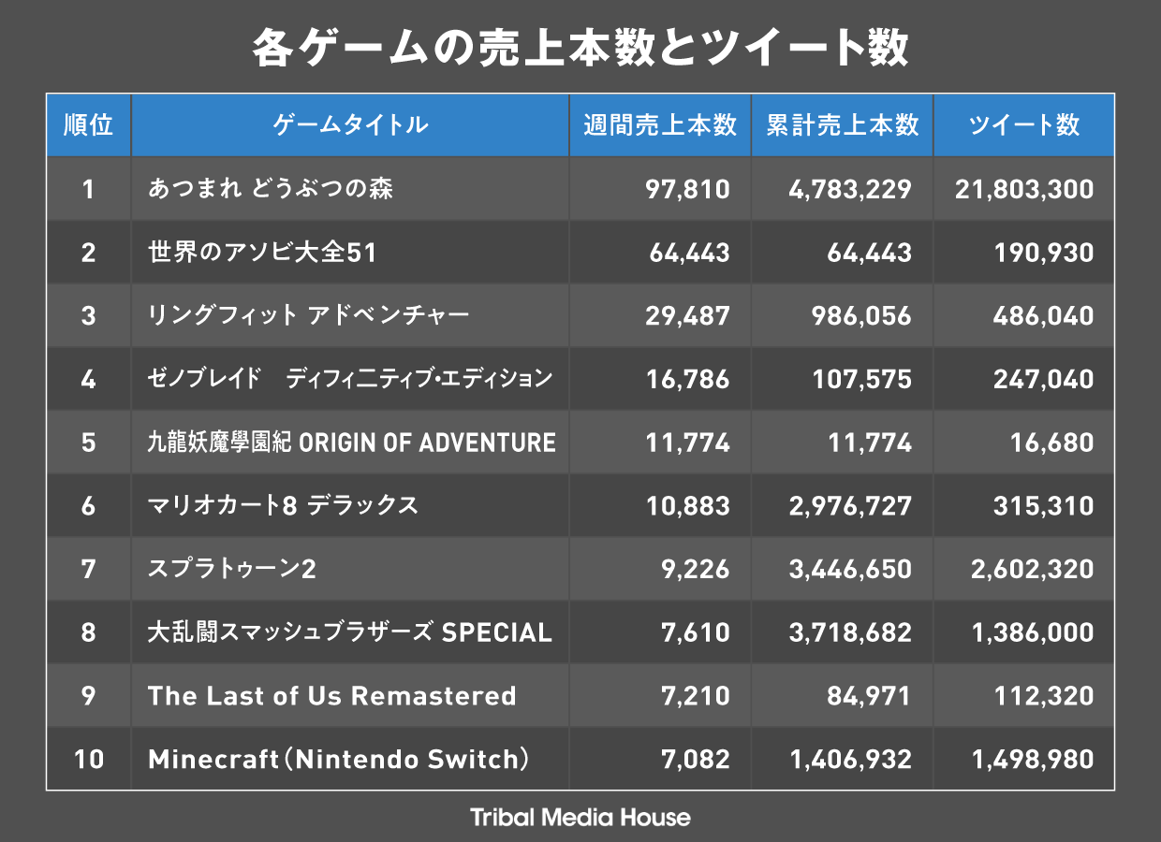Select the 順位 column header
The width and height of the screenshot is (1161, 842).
[88, 125]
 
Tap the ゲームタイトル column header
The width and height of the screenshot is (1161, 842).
[350, 125]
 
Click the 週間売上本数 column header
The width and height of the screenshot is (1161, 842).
[660, 125]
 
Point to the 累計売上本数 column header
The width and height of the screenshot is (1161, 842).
[842, 125]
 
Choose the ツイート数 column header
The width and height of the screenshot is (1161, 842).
[1023, 125]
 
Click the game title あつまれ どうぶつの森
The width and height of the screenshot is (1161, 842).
[271, 189]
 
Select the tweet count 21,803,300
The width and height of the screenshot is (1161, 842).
[1024, 190]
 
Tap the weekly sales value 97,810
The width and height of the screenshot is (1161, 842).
[687, 190]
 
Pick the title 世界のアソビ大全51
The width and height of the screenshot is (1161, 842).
[262, 253]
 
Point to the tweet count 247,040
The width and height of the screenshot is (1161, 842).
[1043, 379]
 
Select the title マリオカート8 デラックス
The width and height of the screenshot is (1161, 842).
[283, 506]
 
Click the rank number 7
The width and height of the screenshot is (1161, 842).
[88, 569]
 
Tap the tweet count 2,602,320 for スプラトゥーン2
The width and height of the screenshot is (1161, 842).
[1032, 569]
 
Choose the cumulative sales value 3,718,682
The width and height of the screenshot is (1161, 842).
[850, 632]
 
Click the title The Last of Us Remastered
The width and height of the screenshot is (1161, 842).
[332, 696]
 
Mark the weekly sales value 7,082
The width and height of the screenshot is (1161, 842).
[695, 759]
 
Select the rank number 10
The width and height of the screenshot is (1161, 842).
[88, 759]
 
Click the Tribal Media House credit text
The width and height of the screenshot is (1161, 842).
[580, 818]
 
